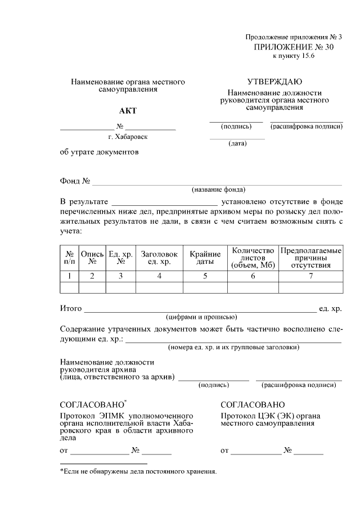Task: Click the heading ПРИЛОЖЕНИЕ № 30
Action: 294,48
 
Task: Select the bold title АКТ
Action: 128,111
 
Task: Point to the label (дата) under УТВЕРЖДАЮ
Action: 237,143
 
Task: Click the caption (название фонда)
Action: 218,189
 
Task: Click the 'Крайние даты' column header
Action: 205,258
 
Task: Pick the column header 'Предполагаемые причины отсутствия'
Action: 311,258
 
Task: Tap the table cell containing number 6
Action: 253,276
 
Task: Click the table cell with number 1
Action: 69,276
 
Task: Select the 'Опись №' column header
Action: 92,258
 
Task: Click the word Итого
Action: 71,309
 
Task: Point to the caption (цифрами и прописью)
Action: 201,317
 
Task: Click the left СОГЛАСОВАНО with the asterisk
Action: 93,405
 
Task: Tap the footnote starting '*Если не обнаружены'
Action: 138,471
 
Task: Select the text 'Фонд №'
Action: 75,181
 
